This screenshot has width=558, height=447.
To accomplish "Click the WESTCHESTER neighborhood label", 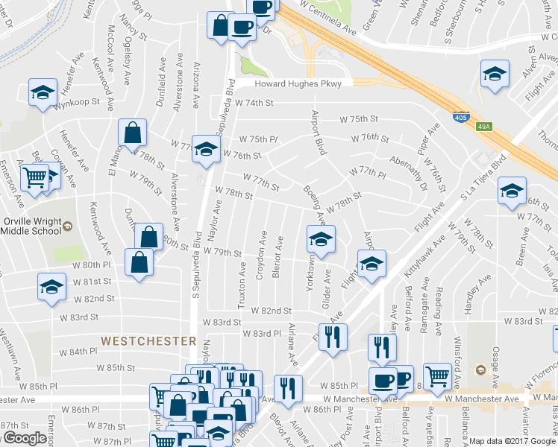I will tap(148, 340).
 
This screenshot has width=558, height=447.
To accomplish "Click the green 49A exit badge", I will tap(484, 127).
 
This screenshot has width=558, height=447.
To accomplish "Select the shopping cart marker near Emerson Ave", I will tap(34, 178).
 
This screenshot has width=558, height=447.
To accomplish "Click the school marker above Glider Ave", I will tap(321, 239).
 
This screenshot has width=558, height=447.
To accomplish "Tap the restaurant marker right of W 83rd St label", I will tap(333, 336).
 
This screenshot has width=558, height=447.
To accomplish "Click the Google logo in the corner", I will tap(24, 438).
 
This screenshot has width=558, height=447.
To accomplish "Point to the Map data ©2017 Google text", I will tap(512, 441).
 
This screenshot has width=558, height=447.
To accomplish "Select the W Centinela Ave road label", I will tap(327, 16).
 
